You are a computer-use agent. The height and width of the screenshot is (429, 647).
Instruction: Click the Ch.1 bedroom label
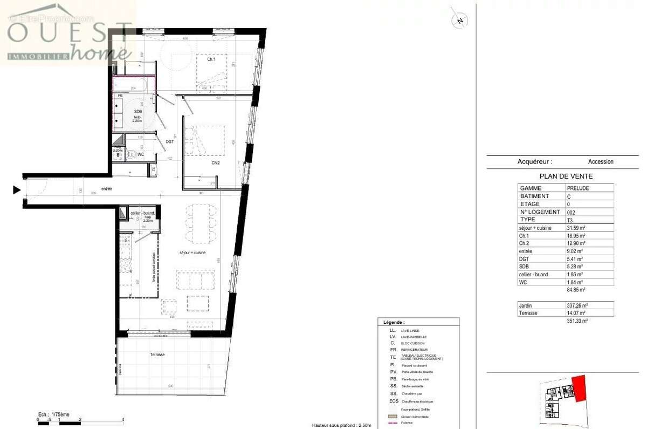211,59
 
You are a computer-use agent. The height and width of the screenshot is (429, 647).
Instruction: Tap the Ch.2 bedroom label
215,162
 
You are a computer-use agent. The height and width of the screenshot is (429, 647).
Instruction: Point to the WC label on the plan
140,154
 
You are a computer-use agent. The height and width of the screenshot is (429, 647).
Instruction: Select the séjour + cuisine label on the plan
192,253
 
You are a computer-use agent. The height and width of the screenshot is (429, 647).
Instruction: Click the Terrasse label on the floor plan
157,355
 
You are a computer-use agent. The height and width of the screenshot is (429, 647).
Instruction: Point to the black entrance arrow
17,189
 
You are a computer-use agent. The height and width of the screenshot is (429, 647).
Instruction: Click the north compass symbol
459,20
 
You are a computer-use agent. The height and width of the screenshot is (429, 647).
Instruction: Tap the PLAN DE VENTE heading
566,176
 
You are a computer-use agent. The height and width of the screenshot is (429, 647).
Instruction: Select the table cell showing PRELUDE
577,188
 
